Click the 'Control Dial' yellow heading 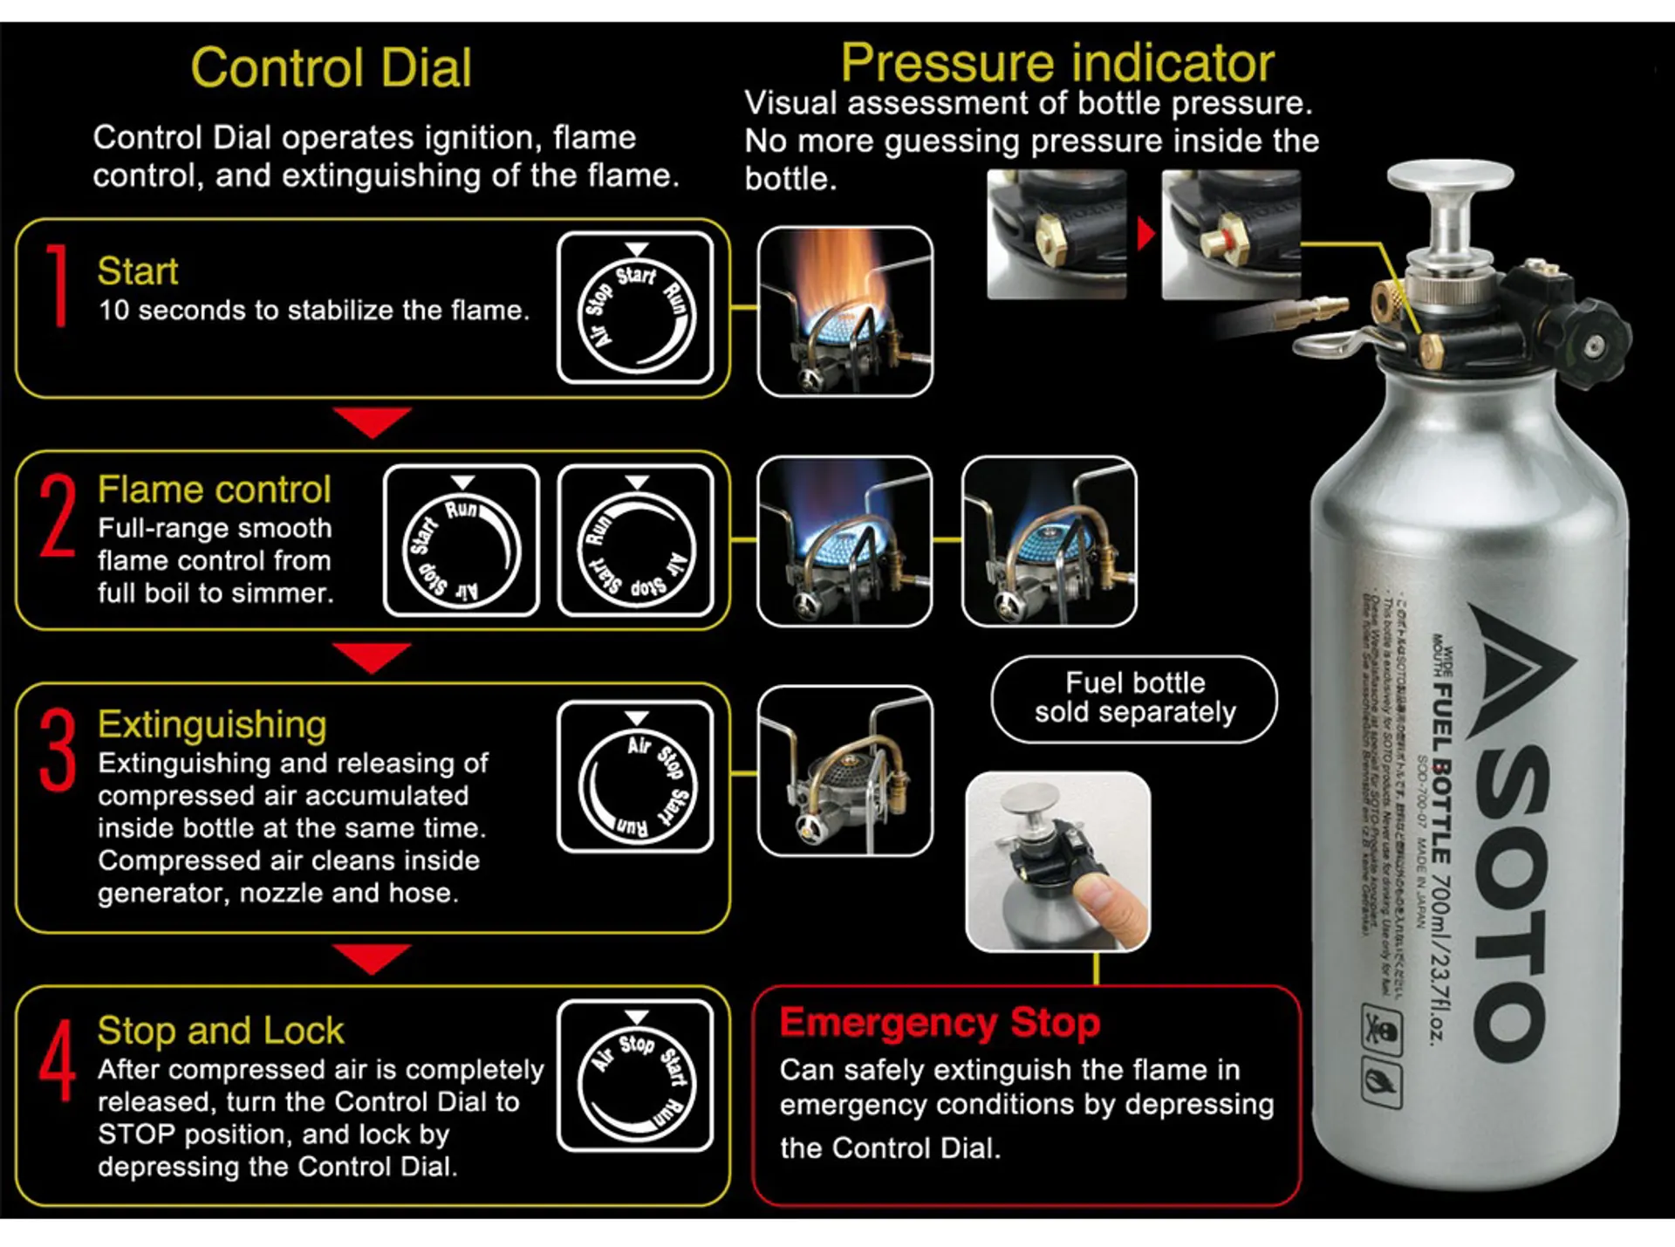tap(331, 68)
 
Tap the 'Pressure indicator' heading tap(1057, 63)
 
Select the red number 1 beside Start tap(58, 285)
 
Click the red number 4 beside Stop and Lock tap(57, 1062)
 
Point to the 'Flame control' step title tap(214, 490)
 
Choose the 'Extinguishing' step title tap(212, 724)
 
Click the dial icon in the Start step tap(636, 307)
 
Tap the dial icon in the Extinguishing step tap(636, 777)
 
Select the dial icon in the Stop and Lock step tap(636, 1075)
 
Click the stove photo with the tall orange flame tap(844, 312)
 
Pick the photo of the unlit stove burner tap(844, 771)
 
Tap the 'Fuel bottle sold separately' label tap(1134, 698)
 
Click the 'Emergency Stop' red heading tap(940, 1022)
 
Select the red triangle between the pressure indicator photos tap(1145, 234)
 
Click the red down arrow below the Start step tap(373, 421)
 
